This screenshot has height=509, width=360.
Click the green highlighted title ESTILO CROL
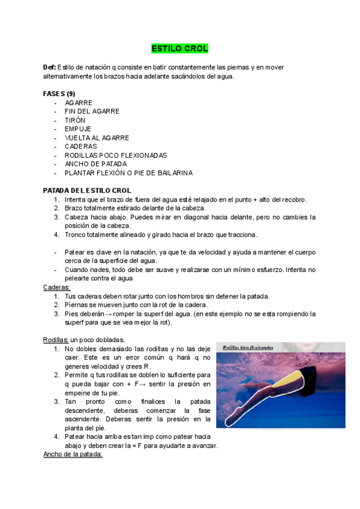(179, 48)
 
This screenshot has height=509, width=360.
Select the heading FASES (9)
(59, 94)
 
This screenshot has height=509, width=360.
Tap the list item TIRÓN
(75, 120)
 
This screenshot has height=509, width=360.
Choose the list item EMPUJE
(78, 128)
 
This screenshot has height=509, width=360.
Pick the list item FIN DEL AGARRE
(92, 111)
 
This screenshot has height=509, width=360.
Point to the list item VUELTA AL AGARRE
(97, 137)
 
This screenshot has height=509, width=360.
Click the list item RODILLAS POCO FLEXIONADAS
(116, 155)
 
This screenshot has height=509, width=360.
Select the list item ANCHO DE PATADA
(95, 164)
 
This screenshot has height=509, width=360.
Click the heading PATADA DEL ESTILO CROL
(87, 190)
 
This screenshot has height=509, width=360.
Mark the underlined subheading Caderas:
(57, 288)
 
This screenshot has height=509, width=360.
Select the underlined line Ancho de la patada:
(73, 454)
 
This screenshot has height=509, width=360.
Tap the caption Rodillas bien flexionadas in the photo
(248, 347)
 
